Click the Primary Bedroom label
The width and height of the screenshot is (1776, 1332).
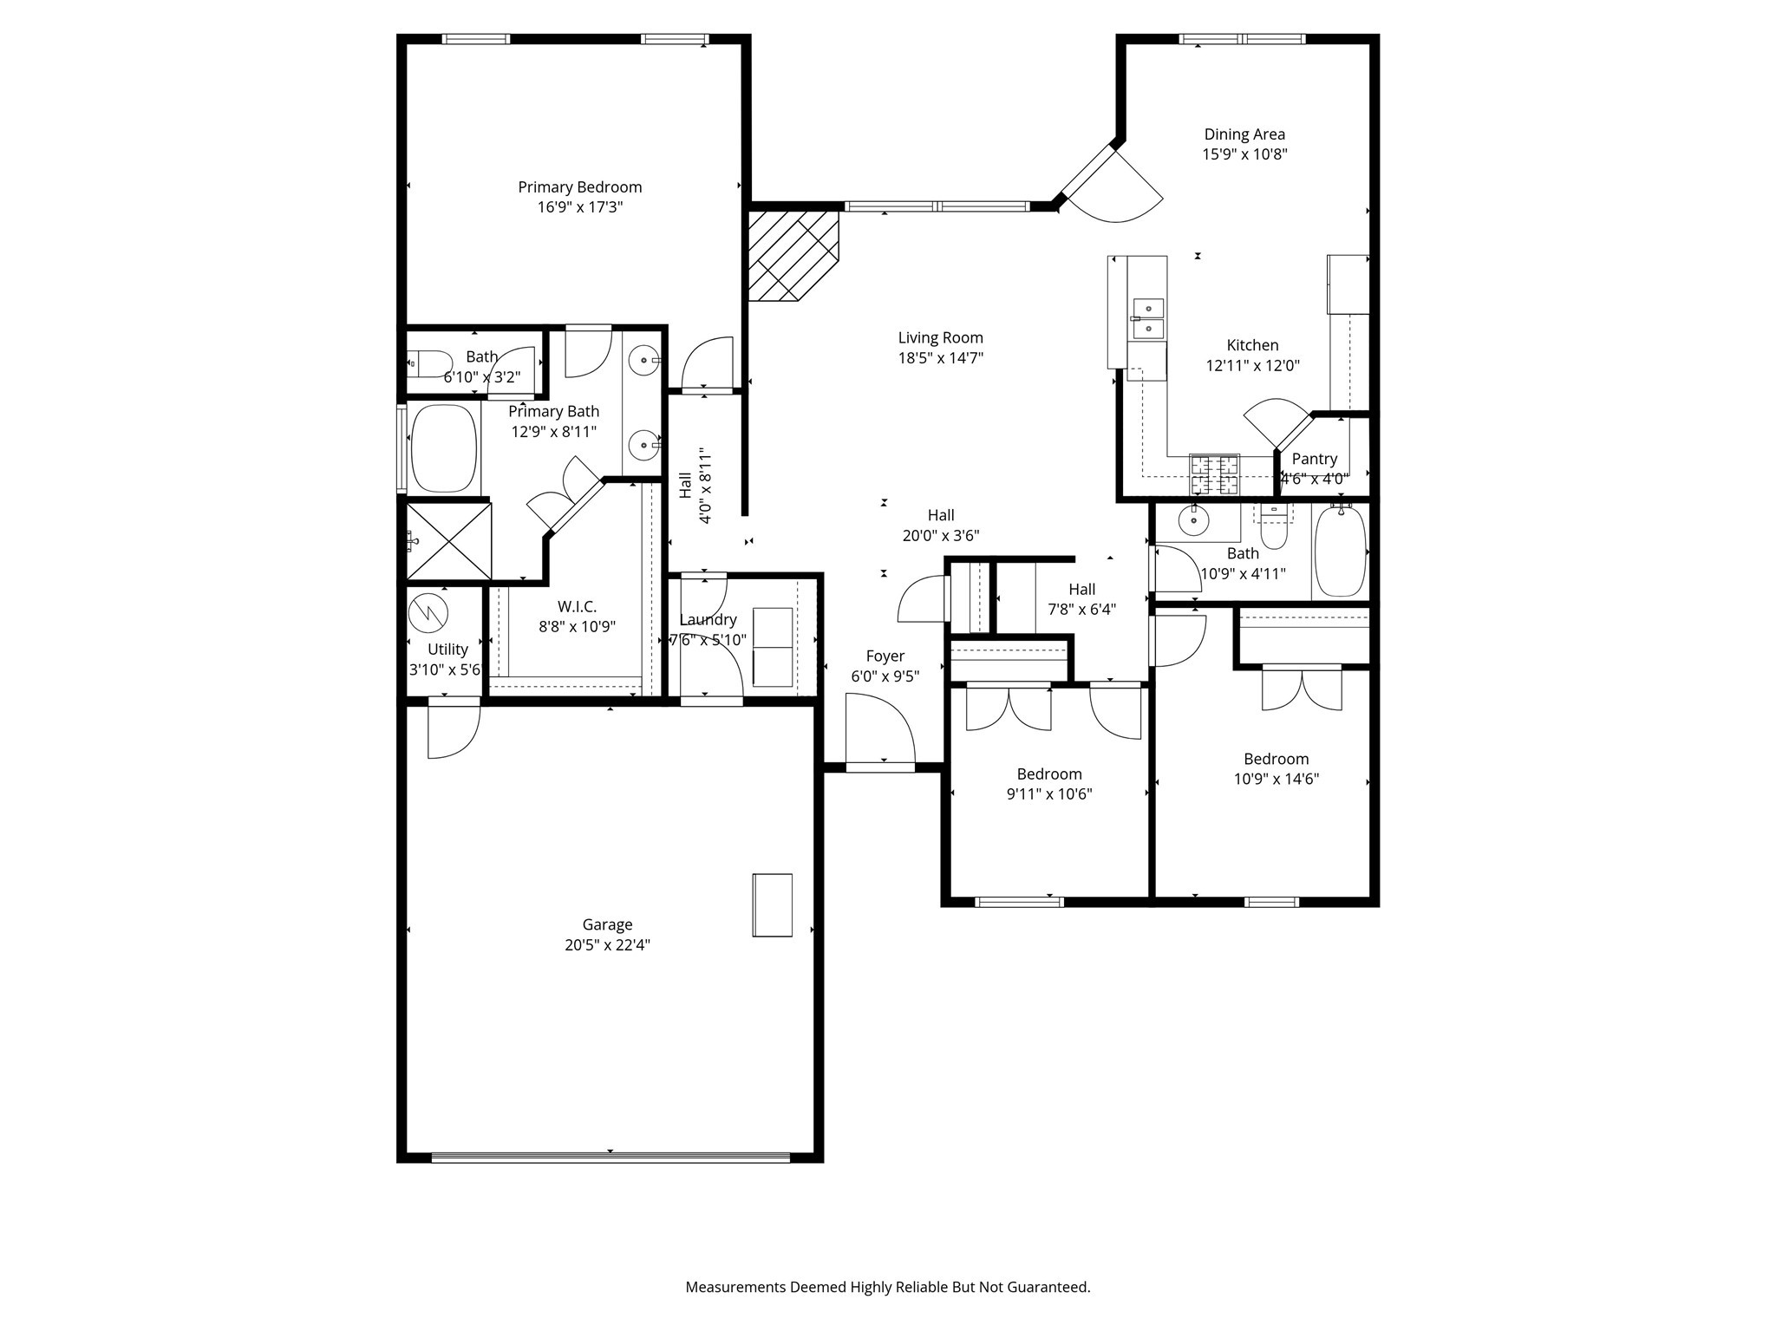tap(580, 187)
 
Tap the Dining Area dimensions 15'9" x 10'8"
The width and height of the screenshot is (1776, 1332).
tap(1244, 154)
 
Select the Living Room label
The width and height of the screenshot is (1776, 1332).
tap(941, 338)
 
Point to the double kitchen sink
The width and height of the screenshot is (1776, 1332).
tap(1148, 317)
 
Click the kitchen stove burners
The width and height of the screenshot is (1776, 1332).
tap(1214, 473)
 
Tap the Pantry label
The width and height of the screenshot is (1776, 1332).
tap(1315, 459)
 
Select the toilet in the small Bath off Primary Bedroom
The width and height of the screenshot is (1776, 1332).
tap(430, 364)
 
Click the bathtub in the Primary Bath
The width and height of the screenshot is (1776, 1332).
tap(444, 448)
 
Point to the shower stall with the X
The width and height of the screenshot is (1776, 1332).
tap(448, 541)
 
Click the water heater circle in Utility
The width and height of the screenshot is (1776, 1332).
tap(428, 613)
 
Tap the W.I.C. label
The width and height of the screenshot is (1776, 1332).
tap(577, 607)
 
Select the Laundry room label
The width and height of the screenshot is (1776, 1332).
tap(708, 620)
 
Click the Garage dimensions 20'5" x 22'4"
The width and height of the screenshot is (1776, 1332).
tap(607, 945)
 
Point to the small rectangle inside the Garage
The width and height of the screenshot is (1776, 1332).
tap(772, 904)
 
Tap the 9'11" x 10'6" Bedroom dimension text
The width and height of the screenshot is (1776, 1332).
tap(1049, 794)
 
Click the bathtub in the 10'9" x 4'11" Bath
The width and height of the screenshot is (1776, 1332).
tap(1340, 552)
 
